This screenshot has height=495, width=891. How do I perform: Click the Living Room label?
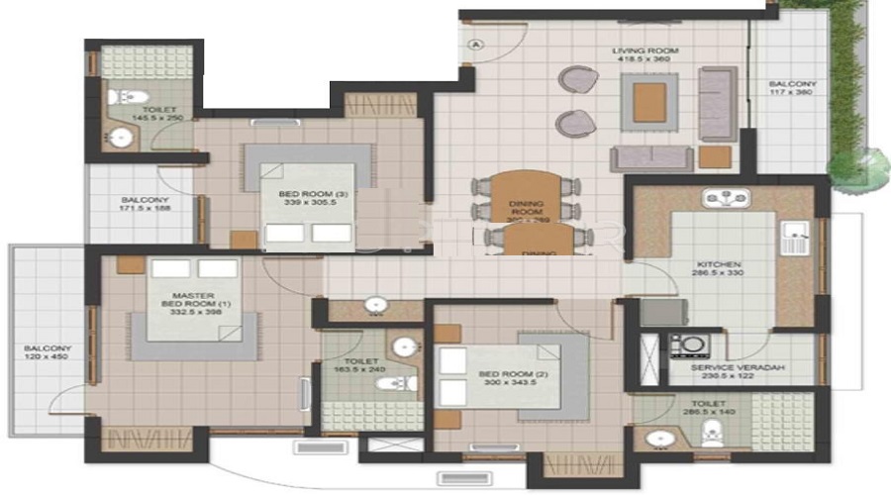639,53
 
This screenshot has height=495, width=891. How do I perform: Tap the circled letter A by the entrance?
476,44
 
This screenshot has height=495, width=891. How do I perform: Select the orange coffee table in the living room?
649,101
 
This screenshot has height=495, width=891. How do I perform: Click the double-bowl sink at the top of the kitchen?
727,199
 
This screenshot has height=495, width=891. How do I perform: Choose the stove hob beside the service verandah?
683,346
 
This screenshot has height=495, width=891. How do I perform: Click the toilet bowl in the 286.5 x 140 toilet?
712,433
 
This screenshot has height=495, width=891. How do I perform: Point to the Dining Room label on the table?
527,210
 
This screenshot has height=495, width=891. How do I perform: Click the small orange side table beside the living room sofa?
714,156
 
